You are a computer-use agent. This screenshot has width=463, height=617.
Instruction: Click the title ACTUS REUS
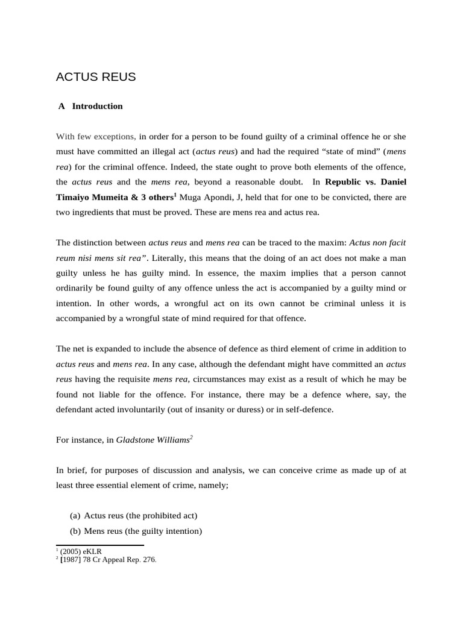(x=96, y=77)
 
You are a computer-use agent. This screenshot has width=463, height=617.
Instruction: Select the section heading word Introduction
(x=97, y=106)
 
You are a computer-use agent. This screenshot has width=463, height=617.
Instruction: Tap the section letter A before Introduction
(x=61, y=106)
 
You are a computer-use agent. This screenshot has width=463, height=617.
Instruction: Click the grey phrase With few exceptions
(x=96, y=136)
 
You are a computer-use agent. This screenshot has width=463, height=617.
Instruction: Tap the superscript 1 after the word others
(x=175, y=193)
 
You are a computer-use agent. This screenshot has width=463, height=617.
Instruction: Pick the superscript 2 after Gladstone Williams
(x=191, y=437)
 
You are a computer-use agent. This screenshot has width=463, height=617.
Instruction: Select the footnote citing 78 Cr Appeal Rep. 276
(x=108, y=559)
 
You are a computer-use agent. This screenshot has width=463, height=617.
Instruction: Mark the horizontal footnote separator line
(x=99, y=545)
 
